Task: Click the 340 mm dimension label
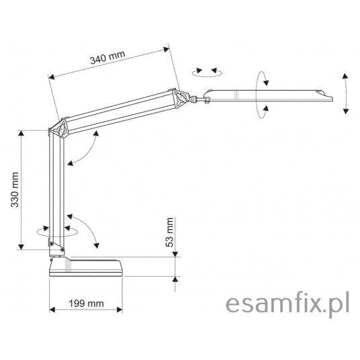(x=107, y=57)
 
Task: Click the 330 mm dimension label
(x=15, y=189)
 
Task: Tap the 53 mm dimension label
(x=169, y=232)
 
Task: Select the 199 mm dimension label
(x=87, y=304)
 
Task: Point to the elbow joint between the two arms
(x=59, y=130)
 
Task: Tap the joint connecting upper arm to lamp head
(x=181, y=98)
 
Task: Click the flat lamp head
(x=268, y=95)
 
